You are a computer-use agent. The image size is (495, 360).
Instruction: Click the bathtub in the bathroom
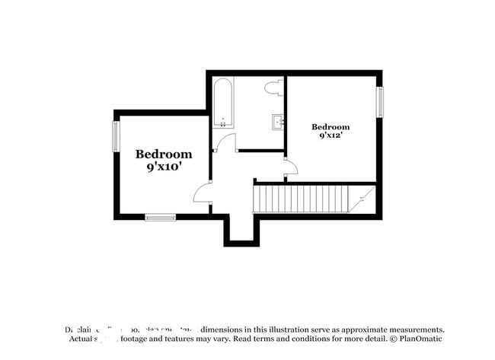224,102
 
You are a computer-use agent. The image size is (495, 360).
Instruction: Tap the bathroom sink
278,121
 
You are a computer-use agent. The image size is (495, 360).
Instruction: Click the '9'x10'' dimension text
164,167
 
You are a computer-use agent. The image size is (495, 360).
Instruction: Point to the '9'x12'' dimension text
331,135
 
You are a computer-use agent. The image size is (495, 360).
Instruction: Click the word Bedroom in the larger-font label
164,154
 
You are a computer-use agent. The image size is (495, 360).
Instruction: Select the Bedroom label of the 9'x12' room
331,126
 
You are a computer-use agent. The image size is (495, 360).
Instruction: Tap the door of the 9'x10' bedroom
203,193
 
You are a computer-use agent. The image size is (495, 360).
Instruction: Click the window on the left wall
116,136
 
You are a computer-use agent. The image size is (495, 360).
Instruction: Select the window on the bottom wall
160,218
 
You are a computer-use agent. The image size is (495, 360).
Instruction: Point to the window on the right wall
379,102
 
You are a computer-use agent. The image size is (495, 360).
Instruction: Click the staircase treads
300,199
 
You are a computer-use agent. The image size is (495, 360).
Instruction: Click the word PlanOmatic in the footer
418,338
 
